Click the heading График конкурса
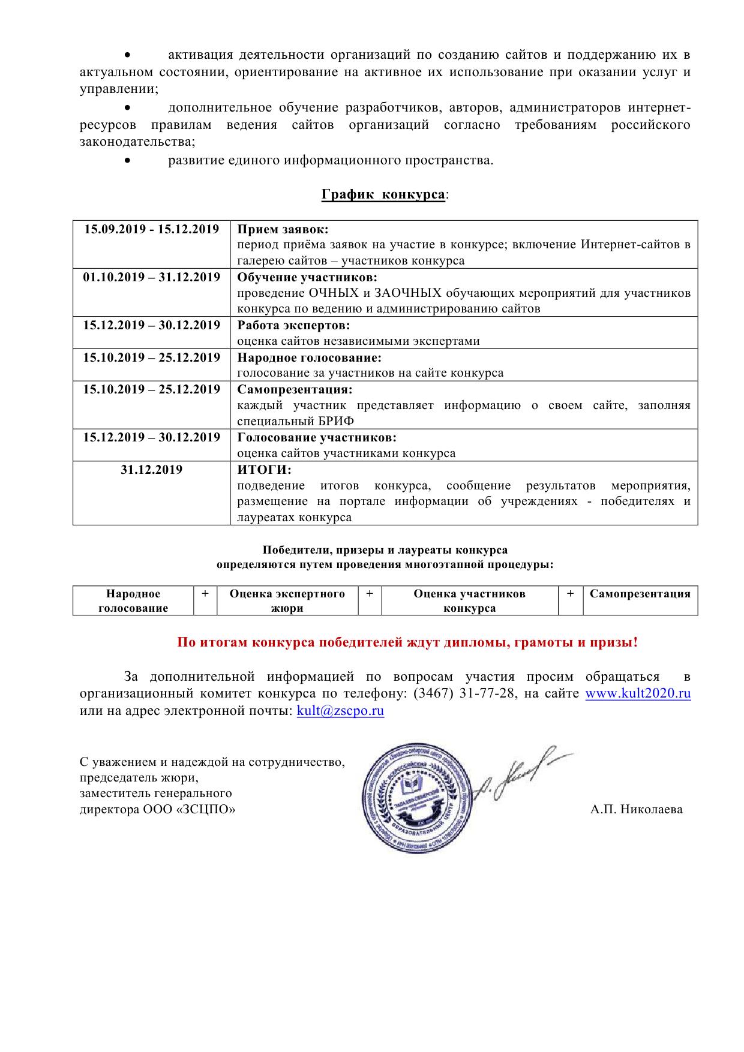coord(383,195)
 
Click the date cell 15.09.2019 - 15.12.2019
coord(151,229)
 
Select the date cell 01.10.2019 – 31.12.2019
coord(151,277)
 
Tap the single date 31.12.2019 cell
coord(151,470)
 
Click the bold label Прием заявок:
coord(283,229)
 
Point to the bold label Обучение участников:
coord(307,277)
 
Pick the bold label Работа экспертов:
coord(293,325)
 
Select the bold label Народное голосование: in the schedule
coord(309,357)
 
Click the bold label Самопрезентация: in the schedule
coord(295,389)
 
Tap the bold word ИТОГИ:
coord(264,470)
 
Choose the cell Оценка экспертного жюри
coord(287,600)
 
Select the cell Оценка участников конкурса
coord(469,600)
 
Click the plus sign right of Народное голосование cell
coord(205,594)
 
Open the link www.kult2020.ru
coord(638,694)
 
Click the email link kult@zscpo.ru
coord(340,711)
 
